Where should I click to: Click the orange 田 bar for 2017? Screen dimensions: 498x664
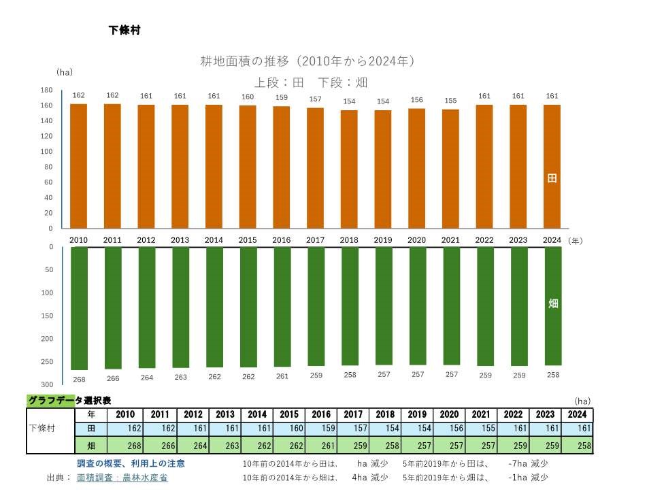click(316, 168)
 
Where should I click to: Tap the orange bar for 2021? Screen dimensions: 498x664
click(450, 168)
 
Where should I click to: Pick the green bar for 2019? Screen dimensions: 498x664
click(384, 305)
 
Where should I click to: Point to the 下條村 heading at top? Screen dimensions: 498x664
click(124, 31)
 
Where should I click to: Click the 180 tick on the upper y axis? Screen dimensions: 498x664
click(46, 90)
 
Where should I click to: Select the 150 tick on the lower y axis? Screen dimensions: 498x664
click(46, 316)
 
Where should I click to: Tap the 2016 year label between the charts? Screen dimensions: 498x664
click(281, 240)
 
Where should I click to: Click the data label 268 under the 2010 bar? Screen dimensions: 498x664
click(79, 379)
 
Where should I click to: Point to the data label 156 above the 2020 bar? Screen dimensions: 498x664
click(416, 100)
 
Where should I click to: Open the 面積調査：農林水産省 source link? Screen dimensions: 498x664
click(122, 478)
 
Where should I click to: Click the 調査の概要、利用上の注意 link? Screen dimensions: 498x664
click(131, 463)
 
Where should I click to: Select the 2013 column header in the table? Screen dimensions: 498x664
click(225, 414)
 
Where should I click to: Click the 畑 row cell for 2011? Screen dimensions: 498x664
click(159, 446)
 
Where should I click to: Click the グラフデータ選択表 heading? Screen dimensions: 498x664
click(69, 401)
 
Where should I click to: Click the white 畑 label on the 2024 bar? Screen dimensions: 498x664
click(552, 303)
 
